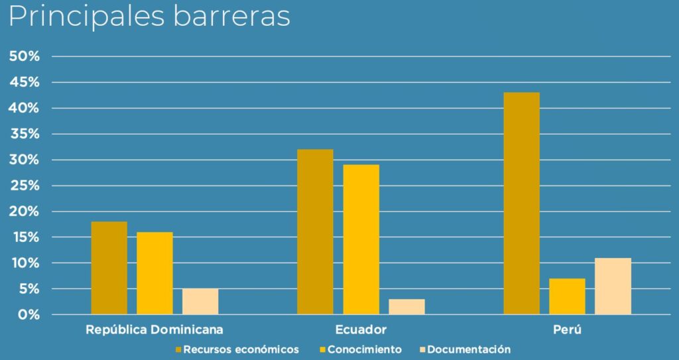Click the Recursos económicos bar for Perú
click(x=521, y=203)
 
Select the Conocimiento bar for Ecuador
click(x=361, y=239)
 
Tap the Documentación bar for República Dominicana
click(x=200, y=301)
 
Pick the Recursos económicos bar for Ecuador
click(x=315, y=231)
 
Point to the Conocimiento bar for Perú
click(x=567, y=296)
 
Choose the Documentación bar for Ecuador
click(x=406, y=306)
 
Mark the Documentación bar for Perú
click(x=613, y=286)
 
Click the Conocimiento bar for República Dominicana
click(x=154, y=273)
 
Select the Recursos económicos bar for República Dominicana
click(x=109, y=268)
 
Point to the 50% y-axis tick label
click(x=25, y=56)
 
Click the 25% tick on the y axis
click(x=25, y=186)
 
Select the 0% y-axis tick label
click(x=29, y=315)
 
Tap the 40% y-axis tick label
click(x=25, y=108)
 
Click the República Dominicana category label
click(x=154, y=330)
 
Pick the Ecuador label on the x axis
click(x=361, y=330)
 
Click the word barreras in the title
click(x=231, y=17)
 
